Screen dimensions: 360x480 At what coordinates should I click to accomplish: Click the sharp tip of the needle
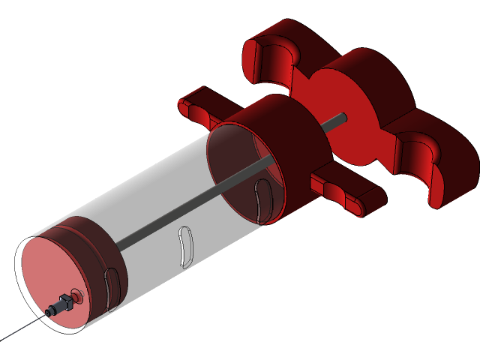(x=4, y=339)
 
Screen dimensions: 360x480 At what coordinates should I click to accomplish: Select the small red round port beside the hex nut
(x=76, y=294)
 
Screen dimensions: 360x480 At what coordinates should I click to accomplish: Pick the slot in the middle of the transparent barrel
(x=184, y=247)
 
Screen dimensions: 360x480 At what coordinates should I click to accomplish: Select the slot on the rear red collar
(x=261, y=199)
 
